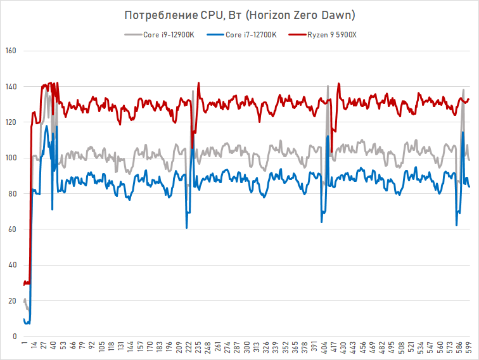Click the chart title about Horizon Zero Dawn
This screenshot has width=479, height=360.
[x=239, y=14]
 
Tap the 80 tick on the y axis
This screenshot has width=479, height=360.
[x=11, y=193]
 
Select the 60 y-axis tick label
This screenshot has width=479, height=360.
[x=11, y=229]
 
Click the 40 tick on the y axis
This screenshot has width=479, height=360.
[x=11, y=265]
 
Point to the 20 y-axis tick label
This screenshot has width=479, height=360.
[x=11, y=300]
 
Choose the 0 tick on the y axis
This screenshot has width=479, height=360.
[x=13, y=336]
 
